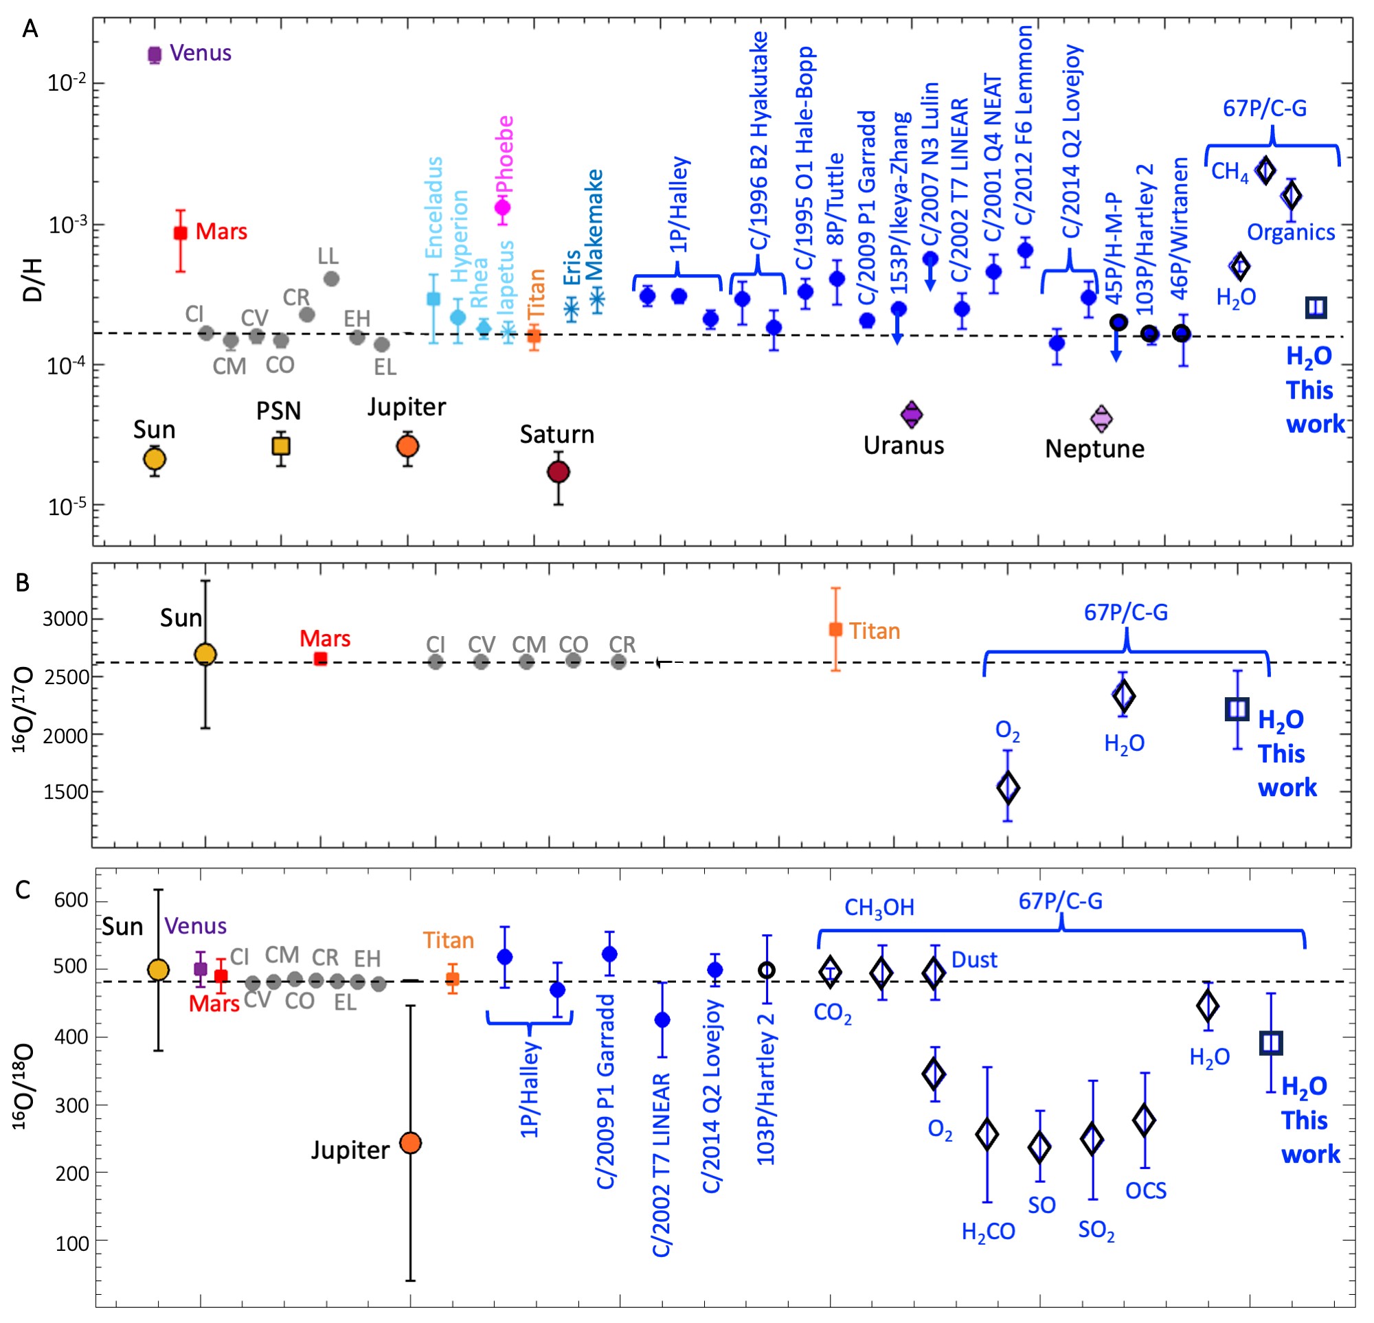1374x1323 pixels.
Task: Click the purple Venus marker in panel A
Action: (155, 54)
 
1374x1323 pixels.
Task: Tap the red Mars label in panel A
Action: (221, 231)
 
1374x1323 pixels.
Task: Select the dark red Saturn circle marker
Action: (558, 472)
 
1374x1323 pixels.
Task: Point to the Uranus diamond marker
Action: (912, 414)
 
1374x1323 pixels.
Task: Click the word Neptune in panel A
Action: (1094, 449)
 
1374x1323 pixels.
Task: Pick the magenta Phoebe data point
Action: (503, 207)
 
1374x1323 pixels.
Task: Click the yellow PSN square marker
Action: (281, 446)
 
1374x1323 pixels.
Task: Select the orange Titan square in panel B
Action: (835, 630)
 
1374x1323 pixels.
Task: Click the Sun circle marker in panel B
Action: (205, 654)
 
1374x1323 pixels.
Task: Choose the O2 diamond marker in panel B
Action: (1008, 787)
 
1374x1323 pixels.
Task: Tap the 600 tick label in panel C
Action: (71, 901)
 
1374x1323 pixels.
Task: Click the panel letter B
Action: (23, 583)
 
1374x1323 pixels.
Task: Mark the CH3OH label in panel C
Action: (879, 909)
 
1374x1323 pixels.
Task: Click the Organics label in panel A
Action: (1291, 232)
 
